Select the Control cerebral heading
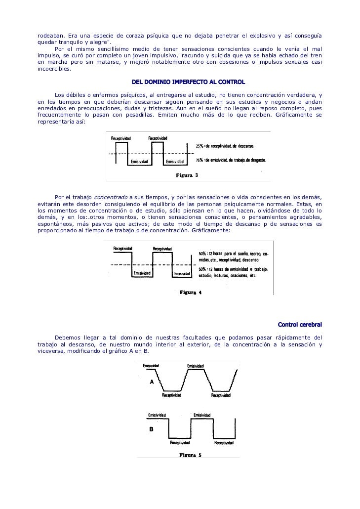click(x=300, y=325)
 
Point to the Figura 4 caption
click(x=190, y=292)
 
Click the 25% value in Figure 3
click(x=199, y=146)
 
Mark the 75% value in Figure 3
click(x=199, y=160)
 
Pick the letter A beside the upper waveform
click(x=152, y=382)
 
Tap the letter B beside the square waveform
click(x=152, y=429)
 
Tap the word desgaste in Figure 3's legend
click(x=257, y=160)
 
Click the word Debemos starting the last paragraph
click(x=68, y=338)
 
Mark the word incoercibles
click(x=54, y=69)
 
